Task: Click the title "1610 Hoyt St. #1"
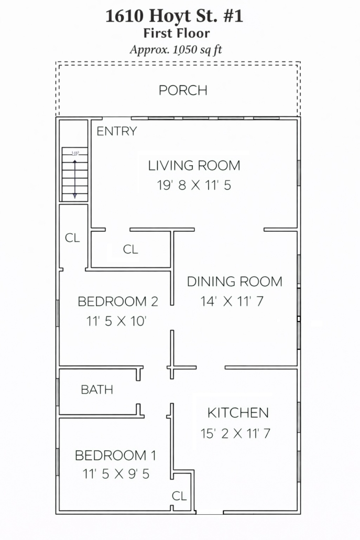click(x=174, y=16)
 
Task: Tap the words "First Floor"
click(x=176, y=34)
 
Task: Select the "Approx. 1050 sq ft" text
click(x=176, y=50)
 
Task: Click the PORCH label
click(x=183, y=90)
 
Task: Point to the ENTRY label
click(x=117, y=131)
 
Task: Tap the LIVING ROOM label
click(x=194, y=166)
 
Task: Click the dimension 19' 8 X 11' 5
click(x=194, y=185)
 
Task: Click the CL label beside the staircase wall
click(x=72, y=237)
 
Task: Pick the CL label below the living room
click(x=130, y=249)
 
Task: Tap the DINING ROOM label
click(x=234, y=282)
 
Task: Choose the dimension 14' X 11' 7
click(x=232, y=301)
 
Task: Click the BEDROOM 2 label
click(x=118, y=301)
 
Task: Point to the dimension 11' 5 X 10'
click(x=116, y=321)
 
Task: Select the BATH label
click(x=97, y=390)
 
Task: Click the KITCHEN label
click(x=238, y=413)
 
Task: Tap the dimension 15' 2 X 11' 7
click(x=235, y=433)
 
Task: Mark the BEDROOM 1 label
click(x=115, y=455)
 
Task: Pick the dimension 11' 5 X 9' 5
click(x=116, y=474)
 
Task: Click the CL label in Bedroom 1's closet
click(x=179, y=496)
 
